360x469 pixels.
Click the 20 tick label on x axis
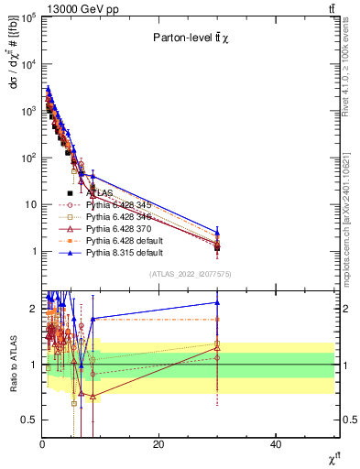[x=159, y=444]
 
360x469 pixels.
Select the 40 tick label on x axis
[x=276, y=444]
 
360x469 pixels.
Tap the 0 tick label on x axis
[x=42, y=444]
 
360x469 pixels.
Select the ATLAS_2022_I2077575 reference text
[x=189, y=274]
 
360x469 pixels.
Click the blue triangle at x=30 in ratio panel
[x=217, y=302]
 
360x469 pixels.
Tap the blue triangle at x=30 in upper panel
[x=217, y=232]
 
